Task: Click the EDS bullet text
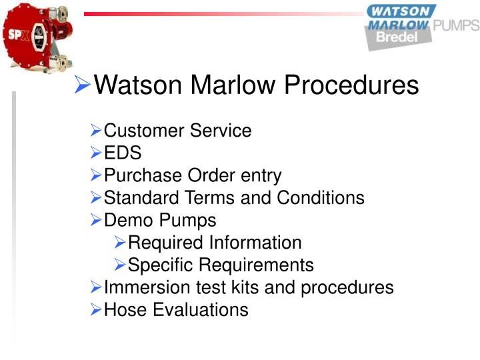[123, 153]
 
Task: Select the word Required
[165, 243]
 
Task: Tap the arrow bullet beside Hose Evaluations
[96, 309]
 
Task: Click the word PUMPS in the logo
[456, 26]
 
